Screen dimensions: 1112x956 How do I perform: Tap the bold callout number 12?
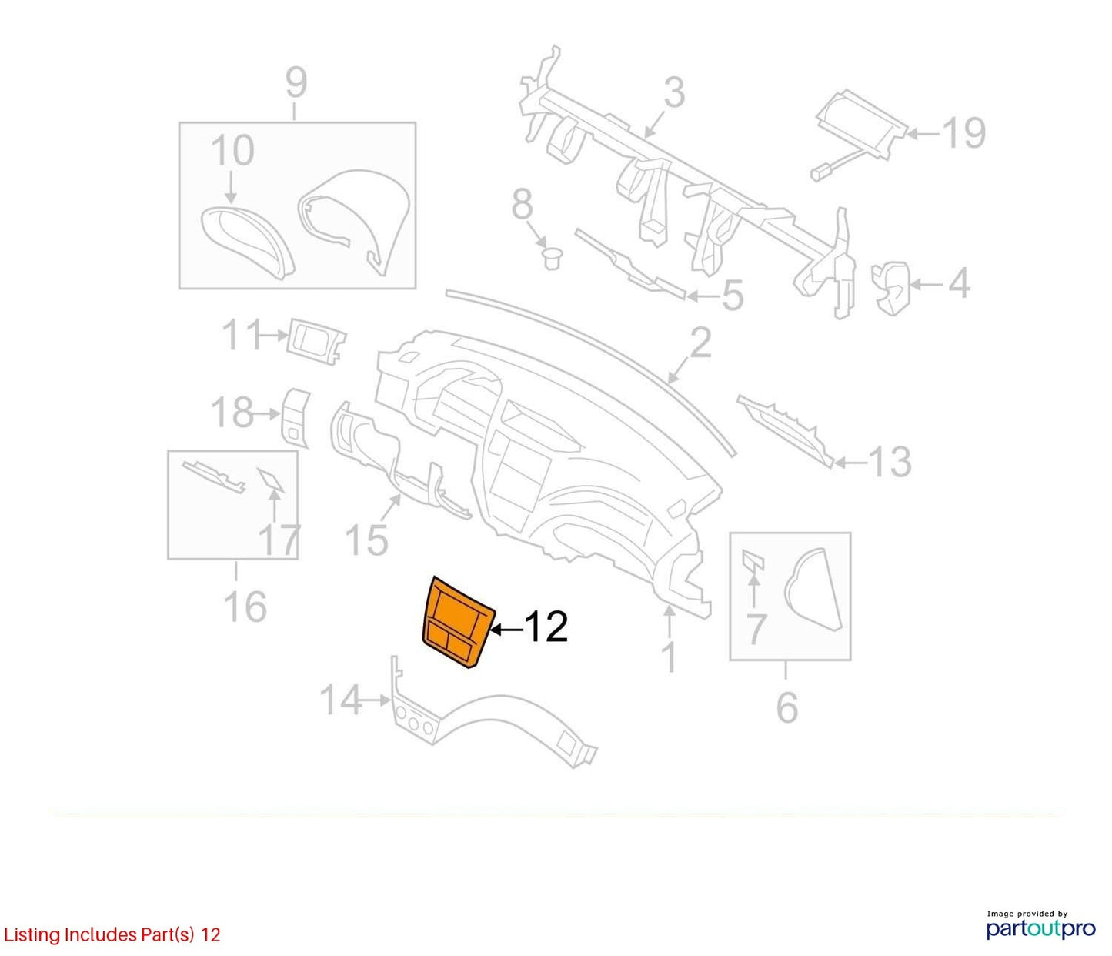(x=546, y=627)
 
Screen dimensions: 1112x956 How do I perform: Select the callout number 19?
(x=965, y=132)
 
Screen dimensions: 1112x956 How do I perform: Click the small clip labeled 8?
(x=552, y=258)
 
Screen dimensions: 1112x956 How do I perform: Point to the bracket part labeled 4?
(x=890, y=287)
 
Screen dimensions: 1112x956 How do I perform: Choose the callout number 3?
(x=674, y=93)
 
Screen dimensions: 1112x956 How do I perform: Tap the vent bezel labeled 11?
(x=316, y=342)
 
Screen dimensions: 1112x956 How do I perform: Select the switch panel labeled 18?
(x=296, y=417)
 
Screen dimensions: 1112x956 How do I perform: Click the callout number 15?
(x=366, y=539)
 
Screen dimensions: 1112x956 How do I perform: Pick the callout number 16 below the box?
(x=245, y=606)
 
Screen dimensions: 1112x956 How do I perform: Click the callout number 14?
(x=341, y=700)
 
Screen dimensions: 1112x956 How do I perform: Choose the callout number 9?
(x=296, y=82)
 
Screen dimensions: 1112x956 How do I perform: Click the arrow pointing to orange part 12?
(x=506, y=628)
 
